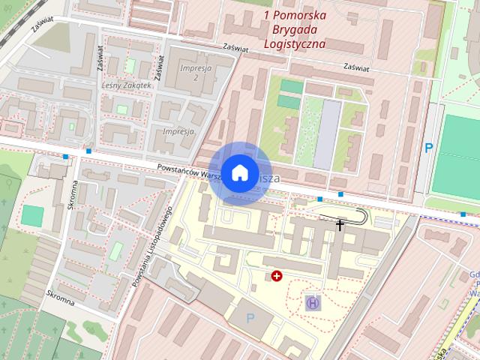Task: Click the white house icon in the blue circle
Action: point(239,172)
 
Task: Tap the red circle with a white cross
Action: point(277,277)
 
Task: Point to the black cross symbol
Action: point(340,223)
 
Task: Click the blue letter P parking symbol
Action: point(429,148)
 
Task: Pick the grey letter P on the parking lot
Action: point(250,318)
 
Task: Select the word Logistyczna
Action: point(295,43)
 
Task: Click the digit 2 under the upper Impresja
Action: point(194,77)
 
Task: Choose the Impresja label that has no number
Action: point(178,130)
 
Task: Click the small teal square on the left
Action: point(32,215)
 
